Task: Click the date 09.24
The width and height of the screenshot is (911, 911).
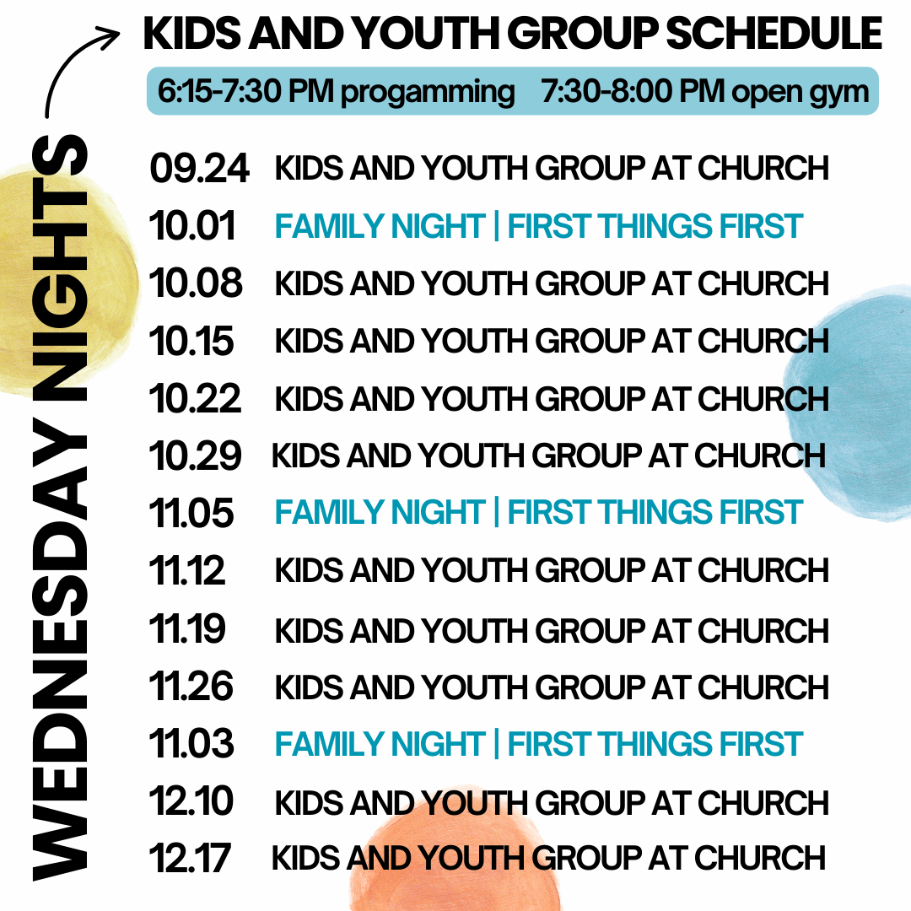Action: (199, 169)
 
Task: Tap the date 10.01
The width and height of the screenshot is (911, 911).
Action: (192, 225)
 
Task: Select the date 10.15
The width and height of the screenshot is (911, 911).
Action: (191, 341)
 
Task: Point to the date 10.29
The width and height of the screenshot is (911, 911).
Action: (195, 455)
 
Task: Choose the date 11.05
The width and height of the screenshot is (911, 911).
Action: (191, 513)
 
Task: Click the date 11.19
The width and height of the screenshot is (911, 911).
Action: (187, 628)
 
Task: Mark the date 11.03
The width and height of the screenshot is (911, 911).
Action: (191, 743)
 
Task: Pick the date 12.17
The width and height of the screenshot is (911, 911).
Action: (190, 858)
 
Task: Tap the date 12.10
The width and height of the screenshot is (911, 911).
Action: (191, 800)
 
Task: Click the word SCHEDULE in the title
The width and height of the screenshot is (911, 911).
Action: (774, 33)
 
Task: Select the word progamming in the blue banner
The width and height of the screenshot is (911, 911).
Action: (428, 93)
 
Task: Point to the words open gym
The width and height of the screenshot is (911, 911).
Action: (800, 93)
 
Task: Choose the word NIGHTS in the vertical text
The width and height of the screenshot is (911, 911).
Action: (60, 268)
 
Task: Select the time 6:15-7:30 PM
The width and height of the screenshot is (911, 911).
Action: (245, 91)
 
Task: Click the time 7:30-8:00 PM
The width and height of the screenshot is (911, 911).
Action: (633, 91)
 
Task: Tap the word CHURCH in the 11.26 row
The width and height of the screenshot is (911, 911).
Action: (763, 687)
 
